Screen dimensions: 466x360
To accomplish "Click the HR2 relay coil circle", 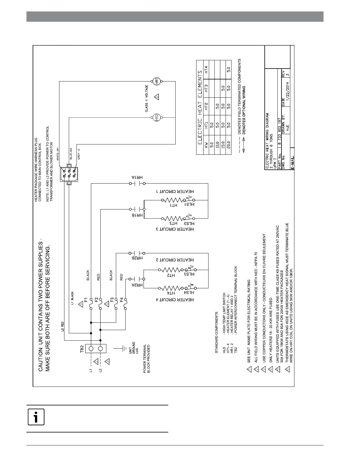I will coord(157,117).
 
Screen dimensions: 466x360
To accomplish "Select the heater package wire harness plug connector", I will coord(69,174).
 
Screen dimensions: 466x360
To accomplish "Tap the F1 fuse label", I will coord(86,300).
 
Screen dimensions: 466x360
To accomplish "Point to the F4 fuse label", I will coord(121,300).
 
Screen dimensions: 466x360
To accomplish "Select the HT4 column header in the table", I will coord(206,70).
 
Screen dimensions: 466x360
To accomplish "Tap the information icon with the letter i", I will coord(36,417).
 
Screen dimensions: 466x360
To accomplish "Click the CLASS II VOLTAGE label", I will coord(146,99).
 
